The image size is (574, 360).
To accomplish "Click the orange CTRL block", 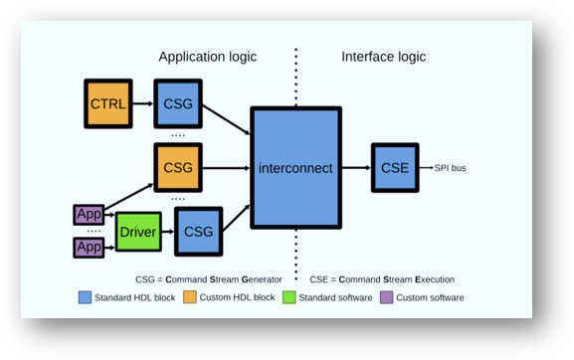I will [107, 103].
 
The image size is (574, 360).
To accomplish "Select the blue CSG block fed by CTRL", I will [178, 103].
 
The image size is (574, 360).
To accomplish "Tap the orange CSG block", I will [178, 165].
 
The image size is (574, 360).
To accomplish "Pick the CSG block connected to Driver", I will [199, 231].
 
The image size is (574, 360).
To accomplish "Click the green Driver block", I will [138, 232].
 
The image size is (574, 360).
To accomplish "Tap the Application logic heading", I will [208, 57].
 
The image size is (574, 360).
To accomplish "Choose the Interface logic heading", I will [384, 57].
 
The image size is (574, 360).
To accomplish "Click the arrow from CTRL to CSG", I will [142, 103].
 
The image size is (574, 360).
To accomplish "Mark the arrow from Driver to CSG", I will [167, 232].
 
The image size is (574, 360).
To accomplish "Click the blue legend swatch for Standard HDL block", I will [86, 297].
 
